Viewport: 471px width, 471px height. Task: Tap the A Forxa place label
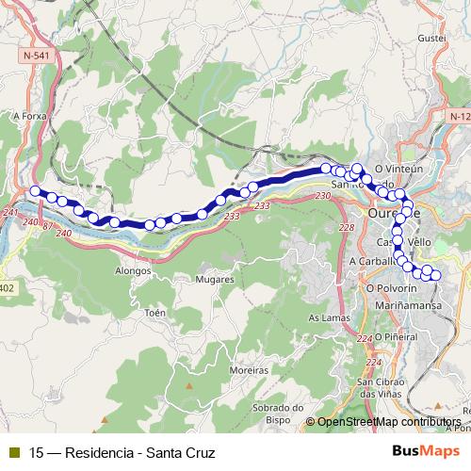click(29, 116)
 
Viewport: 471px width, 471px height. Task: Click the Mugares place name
click(214, 280)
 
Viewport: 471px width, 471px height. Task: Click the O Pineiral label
click(396, 336)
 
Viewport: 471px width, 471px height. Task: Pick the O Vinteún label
click(410, 169)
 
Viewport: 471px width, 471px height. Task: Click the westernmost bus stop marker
click(36, 192)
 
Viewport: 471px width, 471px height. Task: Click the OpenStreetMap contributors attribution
click(388, 422)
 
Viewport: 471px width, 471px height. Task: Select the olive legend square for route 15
click(13, 452)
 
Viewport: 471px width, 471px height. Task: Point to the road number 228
click(346, 228)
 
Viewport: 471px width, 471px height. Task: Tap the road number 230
click(323, 196)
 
